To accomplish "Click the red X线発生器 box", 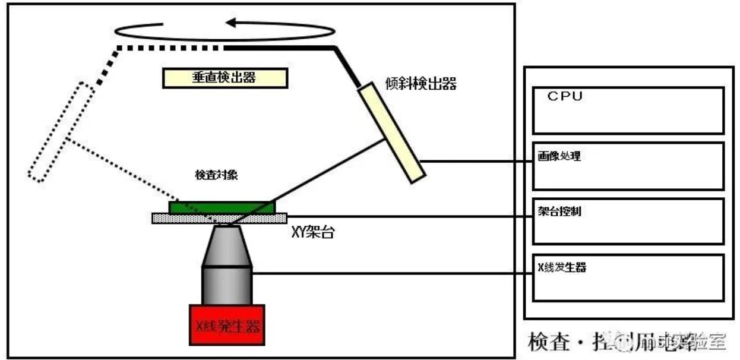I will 227,324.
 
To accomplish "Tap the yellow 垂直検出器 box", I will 225,78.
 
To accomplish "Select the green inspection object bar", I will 222,207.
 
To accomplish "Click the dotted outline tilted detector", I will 61,132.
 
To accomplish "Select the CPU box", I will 628,110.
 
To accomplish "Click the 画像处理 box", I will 628,166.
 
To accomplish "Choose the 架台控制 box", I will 628,221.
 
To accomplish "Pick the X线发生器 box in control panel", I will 628,277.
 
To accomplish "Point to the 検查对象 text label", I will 217,176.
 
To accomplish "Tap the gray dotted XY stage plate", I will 219,218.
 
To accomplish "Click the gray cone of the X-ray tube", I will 227,247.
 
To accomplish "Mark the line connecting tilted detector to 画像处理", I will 475,162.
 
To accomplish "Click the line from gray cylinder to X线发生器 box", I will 392,274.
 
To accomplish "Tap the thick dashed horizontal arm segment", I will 170,47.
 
